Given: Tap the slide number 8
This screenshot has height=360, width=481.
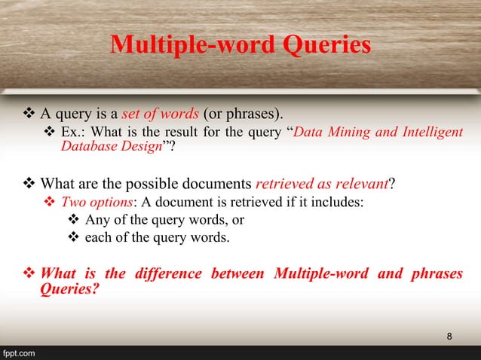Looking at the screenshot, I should pyautogui.click(x=450, y=336).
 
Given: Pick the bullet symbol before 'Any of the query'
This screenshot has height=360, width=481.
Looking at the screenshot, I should pyautogui.click(x=74, y=221).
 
